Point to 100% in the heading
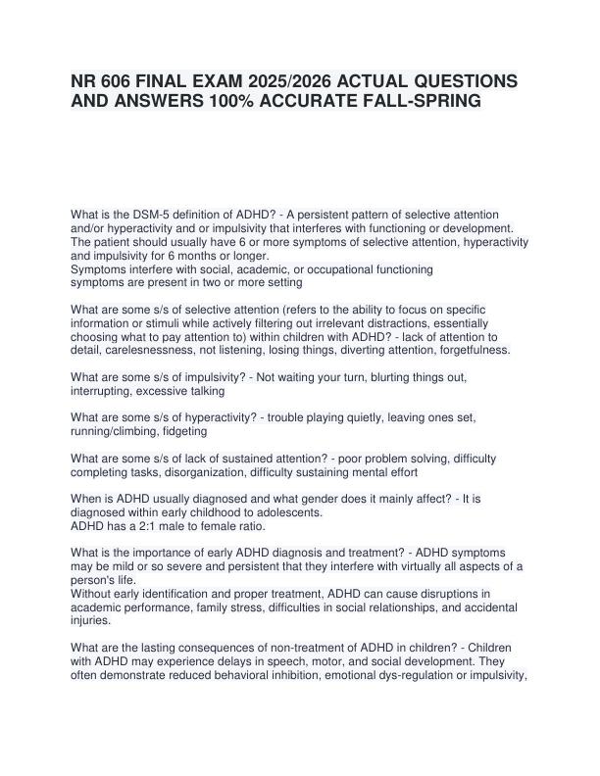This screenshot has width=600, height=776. tap(197, 105)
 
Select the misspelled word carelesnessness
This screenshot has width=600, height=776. tap(151, 350)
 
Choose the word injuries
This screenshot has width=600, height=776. tap(93, 620)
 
